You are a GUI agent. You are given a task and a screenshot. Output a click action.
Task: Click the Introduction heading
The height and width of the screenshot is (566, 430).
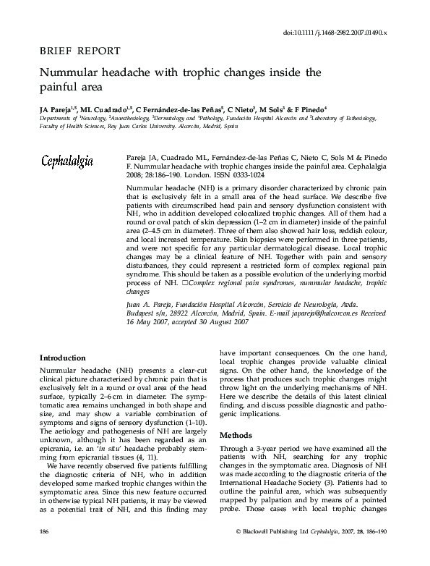[63, 358]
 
